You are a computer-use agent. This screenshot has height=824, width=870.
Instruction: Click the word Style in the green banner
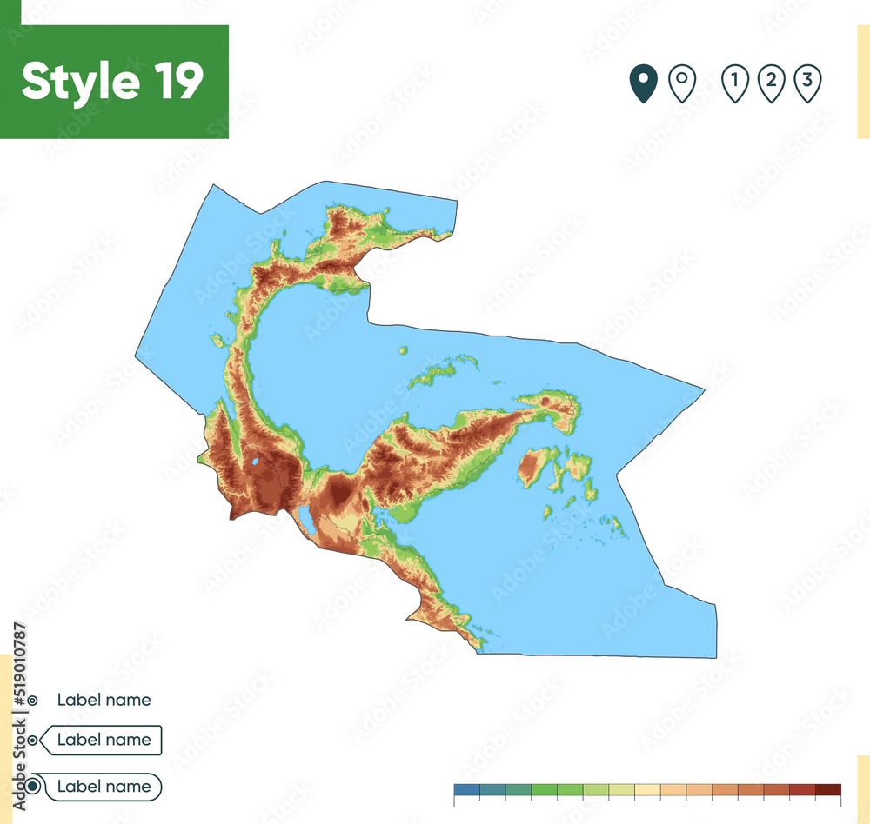pyautogui.click(x=77, y=82)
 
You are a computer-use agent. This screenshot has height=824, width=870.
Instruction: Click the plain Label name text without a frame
pyautogui.click(x=104, y=700)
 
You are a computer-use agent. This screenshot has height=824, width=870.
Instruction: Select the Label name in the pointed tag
pyautogui.click(x=104, y=741)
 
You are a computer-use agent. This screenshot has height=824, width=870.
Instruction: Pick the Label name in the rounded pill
pyautogui.click(x=104, y=787)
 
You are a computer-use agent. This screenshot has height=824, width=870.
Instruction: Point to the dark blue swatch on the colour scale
pyautogui.click(x=466, y=790)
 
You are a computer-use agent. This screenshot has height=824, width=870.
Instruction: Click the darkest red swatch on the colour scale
pyautogui.click(x=828, y=790)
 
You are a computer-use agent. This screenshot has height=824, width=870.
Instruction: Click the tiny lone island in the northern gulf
pyautogui.click(x=403, y=350)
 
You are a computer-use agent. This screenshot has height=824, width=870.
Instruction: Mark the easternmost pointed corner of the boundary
pyautogui.click(x=703, y=389)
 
